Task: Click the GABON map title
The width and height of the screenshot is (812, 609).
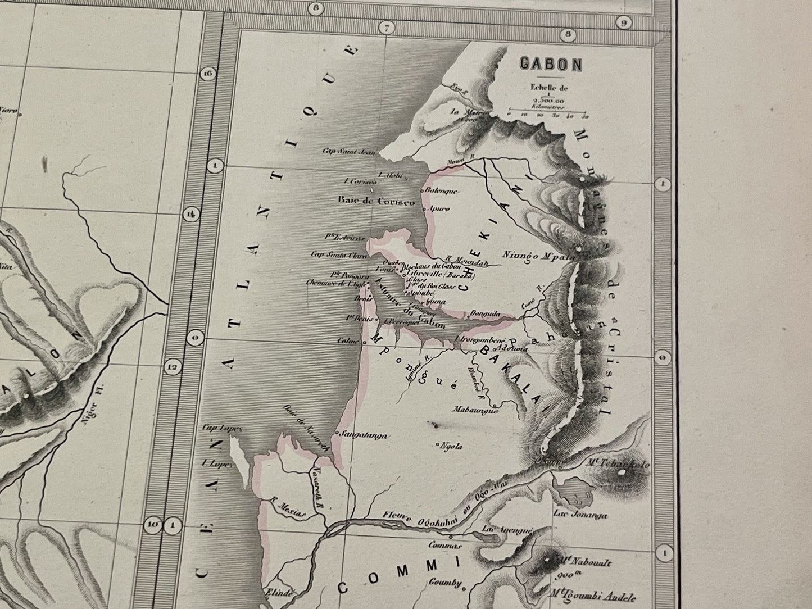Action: [x=550, y=64]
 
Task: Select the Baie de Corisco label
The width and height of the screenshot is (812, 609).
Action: [x=376, y=201]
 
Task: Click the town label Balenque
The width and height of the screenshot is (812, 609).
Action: [x=443, y=191]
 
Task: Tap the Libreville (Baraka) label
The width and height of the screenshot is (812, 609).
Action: [x=447, y=275]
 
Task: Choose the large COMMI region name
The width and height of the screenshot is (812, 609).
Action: [x=398, y=576]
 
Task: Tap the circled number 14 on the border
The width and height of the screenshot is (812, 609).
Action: [x=191, y=213]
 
